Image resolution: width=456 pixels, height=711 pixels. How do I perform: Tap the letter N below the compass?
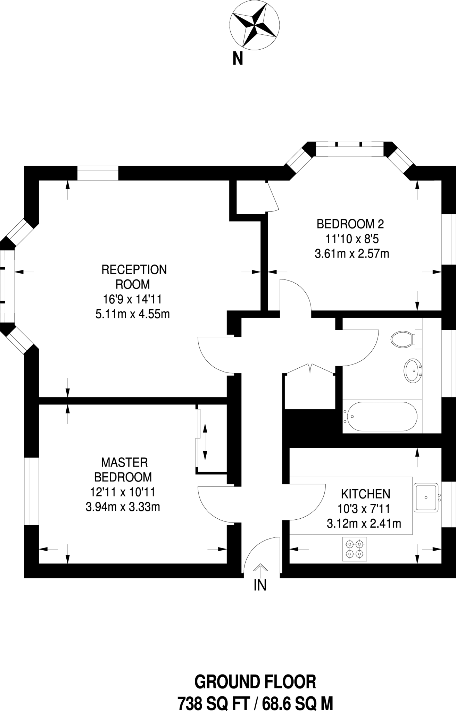point(238,59)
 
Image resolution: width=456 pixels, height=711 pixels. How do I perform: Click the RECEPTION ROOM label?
point(134,277)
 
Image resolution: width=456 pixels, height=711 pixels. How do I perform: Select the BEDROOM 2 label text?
point(350,224)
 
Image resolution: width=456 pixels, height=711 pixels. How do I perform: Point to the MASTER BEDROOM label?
point(123,470)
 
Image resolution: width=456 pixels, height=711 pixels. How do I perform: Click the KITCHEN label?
point(365,494)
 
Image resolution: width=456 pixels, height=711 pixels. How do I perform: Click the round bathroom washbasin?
point(413,370)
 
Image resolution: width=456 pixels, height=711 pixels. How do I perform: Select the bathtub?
point(380,417)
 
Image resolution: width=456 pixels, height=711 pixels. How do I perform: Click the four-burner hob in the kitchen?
point(354,549)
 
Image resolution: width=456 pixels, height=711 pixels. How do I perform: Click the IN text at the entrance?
point(260,586)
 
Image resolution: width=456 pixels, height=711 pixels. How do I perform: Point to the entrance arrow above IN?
point(260,569)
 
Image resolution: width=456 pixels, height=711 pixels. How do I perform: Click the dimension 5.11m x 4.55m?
point(133,314)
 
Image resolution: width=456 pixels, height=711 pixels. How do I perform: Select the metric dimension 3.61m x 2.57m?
point(351,254)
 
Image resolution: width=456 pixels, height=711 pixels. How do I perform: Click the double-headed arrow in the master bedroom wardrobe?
point(205,442)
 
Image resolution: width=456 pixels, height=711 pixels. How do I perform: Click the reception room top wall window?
point(98,173)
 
